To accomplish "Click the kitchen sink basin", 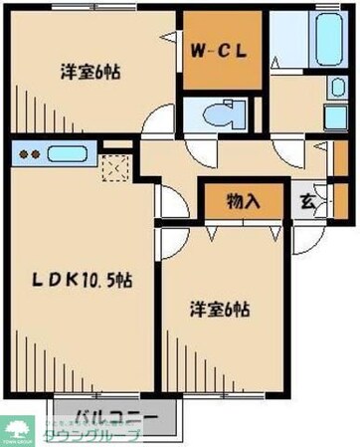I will point(68,154).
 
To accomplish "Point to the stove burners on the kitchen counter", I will point(28,154).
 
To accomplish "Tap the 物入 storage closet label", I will point(244,201).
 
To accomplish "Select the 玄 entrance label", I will point(308,200).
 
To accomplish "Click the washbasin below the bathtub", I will point(334,117).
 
